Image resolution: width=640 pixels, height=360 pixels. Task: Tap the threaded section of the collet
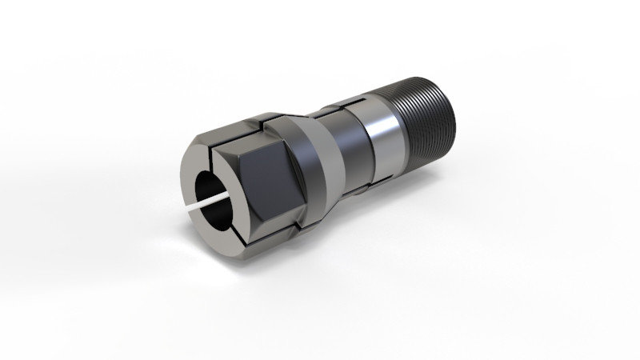pyautogui.click(x=428, y=120)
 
